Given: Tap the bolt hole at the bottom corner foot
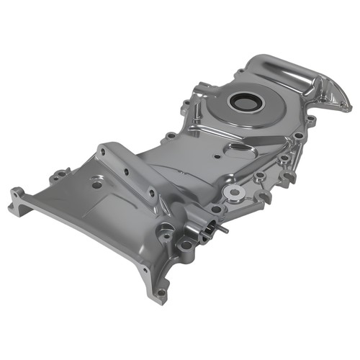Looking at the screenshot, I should tap(161, 293).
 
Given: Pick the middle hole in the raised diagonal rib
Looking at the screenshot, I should tap(127, 171).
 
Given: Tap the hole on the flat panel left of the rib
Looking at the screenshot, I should tap(96, 184).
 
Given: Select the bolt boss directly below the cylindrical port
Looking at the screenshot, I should tap(186, 246).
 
